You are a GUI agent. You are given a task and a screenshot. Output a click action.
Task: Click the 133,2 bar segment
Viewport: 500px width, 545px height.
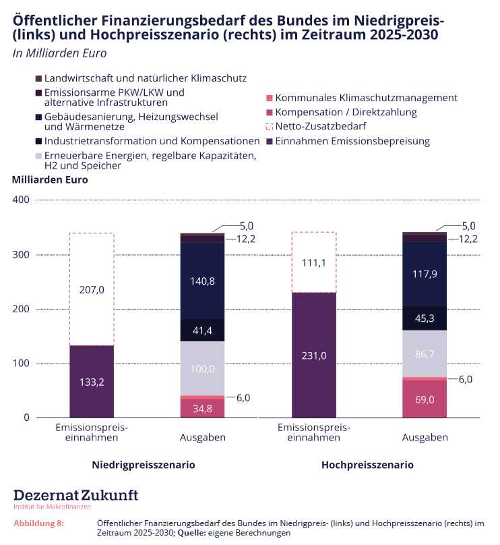[x=92, y=382]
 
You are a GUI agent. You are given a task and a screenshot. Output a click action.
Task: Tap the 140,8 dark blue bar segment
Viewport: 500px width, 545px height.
[x=202, y=281]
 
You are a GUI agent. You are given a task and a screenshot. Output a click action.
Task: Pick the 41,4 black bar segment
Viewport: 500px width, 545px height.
[x=202, y=331]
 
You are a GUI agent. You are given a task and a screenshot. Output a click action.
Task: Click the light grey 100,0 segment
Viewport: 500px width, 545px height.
[x=202, y=369]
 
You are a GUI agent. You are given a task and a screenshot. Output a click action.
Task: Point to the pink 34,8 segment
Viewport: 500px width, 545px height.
[x=202, y=408]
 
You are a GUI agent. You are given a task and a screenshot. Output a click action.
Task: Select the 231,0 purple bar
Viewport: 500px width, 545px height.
[x=313, y=355]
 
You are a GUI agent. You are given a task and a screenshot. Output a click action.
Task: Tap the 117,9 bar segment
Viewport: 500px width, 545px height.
[x=425, y=274]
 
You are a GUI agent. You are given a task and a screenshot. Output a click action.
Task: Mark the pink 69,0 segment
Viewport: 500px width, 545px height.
[x=425, y=399]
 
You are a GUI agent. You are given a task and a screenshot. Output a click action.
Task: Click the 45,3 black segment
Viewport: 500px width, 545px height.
[x=425, y=318]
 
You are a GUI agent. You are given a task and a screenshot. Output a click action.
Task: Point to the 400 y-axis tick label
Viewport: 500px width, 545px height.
[x=22, y=200]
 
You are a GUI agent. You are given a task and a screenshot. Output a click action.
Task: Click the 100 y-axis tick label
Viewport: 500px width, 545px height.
[x=22, y=364]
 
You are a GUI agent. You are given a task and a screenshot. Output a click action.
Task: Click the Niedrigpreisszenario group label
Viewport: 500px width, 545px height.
[x=144, y=465]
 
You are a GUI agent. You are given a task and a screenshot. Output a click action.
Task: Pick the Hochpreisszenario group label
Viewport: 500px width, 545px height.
[x=367, y=465]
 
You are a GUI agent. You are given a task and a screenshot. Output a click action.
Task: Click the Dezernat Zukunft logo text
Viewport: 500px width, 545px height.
[x=75, y=495]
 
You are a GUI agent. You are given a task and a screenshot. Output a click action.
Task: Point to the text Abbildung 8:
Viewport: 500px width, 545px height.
[x=38, y=523]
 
